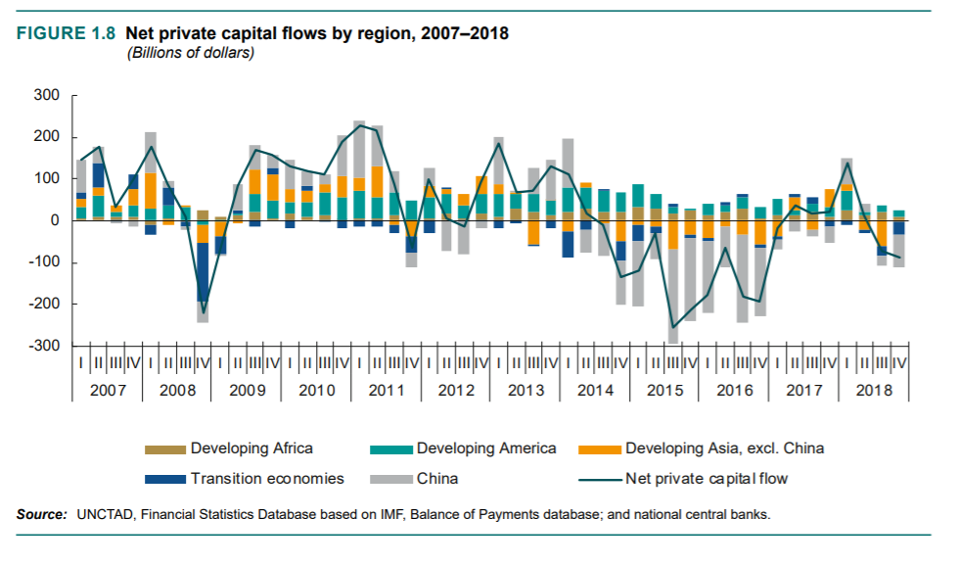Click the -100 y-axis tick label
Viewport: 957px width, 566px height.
46,262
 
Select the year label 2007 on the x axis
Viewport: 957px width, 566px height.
107,390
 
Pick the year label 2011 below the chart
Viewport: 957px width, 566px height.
386,390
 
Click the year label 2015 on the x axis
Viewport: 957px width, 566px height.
664,390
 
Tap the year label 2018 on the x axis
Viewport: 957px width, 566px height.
874,390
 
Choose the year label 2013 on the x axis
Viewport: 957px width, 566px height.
525,390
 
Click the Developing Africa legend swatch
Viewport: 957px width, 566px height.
165,449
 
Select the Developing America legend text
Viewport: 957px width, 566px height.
486,448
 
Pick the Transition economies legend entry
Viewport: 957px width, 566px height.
267,479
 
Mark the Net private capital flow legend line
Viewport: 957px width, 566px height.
599,480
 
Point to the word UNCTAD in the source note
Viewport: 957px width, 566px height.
102,514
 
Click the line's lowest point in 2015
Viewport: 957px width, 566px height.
672,327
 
